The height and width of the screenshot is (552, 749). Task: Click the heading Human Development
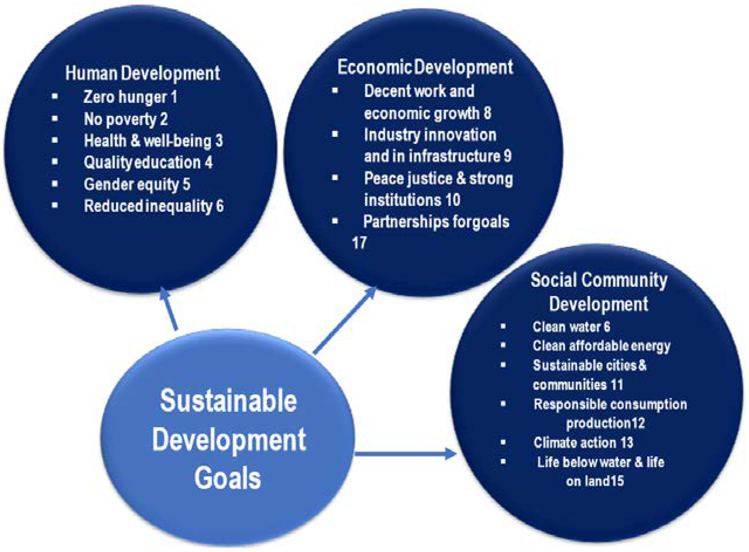coord(143,73)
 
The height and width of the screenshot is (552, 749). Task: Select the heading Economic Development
coord(425,68)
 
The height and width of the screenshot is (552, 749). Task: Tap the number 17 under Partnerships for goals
coord(359,243)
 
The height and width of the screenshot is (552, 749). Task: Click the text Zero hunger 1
coord(130,97)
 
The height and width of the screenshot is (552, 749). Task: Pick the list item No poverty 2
coord(126,119)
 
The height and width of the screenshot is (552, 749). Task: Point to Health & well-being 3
coord(153,141)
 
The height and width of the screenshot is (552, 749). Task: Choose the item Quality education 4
coord(148,162)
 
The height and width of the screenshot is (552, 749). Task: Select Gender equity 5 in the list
coord(137,184)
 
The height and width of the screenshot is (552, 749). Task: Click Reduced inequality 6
coord(154,206)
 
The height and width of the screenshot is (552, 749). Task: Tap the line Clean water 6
coord(571,327)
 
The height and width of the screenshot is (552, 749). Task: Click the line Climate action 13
coord(583,443)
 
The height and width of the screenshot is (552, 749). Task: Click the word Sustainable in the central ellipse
coord(229,401)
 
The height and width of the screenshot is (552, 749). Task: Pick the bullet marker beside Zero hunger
coord(55,97)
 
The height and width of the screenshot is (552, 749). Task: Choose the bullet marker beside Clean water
coord(503,327)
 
